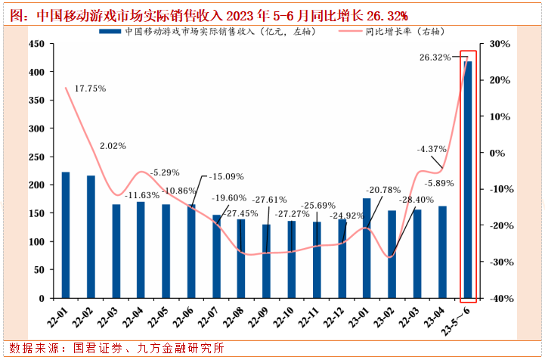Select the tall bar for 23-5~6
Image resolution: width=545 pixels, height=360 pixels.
click(468, 180)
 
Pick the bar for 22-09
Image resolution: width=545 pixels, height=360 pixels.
click(266, 261)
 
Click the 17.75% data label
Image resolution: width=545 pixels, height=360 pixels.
click(90, 88)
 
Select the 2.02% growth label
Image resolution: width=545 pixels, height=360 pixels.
click(113, 145)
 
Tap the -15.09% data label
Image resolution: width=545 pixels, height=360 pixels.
click(226, 177)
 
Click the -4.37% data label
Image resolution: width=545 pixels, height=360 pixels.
click(432, 149)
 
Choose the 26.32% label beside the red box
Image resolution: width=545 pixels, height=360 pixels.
click(435, 57)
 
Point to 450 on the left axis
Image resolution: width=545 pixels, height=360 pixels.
click(36, 44)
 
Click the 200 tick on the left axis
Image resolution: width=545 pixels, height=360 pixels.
click(36, 185)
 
